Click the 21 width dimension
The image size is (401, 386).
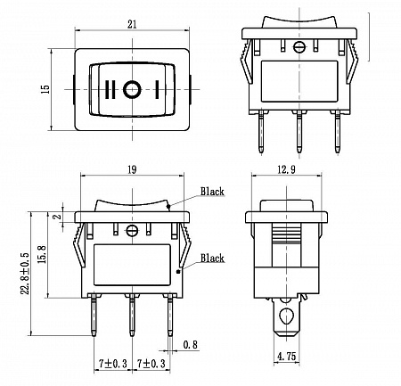coord(132,24)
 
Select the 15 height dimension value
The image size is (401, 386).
coord(46,89)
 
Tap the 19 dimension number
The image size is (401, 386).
coord(132,169)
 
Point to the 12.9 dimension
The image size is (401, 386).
coord(286,169)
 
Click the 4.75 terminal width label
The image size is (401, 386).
coord(286,356)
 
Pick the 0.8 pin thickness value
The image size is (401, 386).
coord(190,345)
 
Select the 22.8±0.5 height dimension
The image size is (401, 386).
coord(25,274)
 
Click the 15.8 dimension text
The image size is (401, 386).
coord(42,254)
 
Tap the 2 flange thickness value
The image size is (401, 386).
coord(59,217)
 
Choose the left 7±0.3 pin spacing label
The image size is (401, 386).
coord(113,363)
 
